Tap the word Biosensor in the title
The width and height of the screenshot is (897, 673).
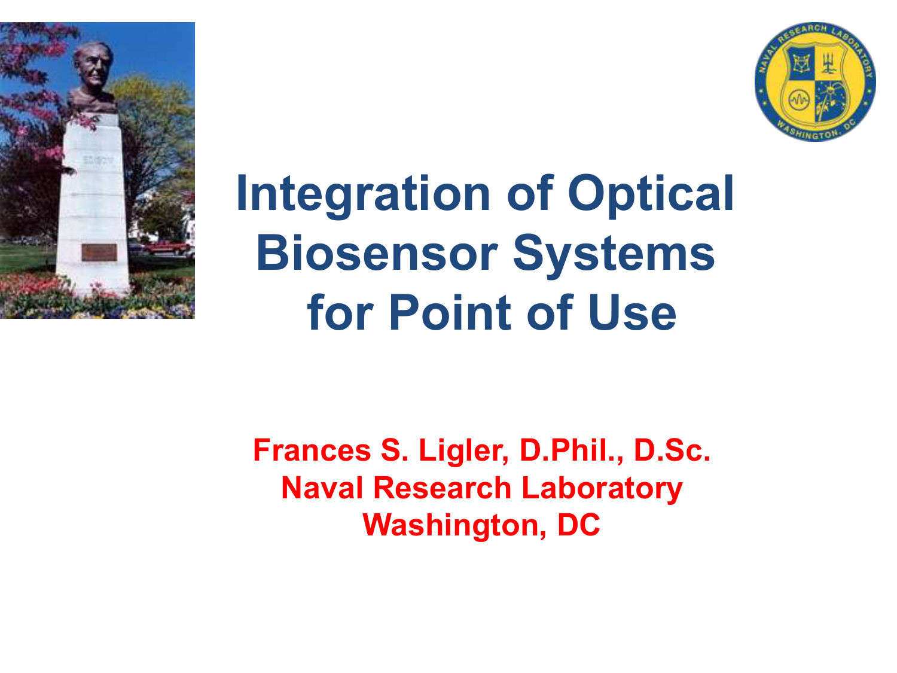pyautogui.click(x=376, y=253)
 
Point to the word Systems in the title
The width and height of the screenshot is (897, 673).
pyautogui.click(x=614, y=256)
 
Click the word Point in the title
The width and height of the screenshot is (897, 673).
pyautogui.click(x=450, y=313)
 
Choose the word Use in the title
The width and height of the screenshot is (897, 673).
pyautogui.click(x=631, y=313)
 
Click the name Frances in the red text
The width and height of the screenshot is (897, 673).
pyautogui.click(x=312, y=450)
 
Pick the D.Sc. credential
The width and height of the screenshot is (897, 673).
pyautogui.click(x=672, y=450)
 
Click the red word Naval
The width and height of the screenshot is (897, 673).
pyautogui.click(x=322, y=488)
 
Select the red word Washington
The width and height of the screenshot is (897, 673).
pyautogui.click(x=454, y=526)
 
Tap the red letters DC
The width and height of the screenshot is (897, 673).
pyautogui.click(x=579, y=525)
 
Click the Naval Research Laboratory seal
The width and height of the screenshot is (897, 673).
pyautogui.click(x=815, y=82)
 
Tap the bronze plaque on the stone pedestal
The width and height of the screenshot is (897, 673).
pyautogui.click(x=99, y=252)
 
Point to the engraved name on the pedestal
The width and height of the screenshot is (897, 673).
pyautogui.click(x=99, y=160)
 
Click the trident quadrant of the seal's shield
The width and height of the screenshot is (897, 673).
pyautogui.click(x=829, y=64)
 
